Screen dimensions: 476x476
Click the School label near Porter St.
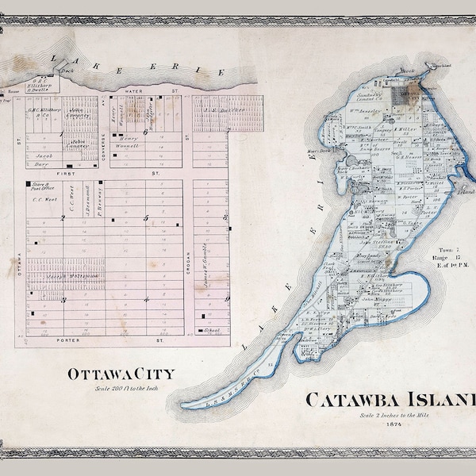[211, 329]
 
